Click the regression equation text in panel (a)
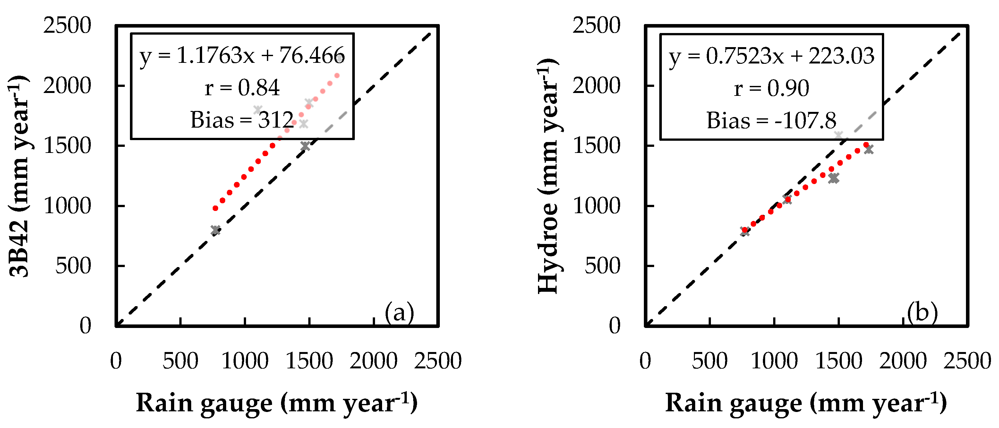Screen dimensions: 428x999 click(242, 56)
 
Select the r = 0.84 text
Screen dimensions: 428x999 click(242, 88)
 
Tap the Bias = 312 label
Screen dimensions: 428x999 click(242, 120)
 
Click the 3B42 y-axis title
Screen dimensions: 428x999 click(19, 176)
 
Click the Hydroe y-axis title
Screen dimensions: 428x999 click(548, 176)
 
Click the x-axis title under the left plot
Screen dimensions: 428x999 click(277, 403)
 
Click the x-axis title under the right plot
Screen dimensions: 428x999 click(806, 403)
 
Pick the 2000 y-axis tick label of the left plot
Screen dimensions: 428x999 click(67, 86)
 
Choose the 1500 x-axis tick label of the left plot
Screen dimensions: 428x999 click(309, 361)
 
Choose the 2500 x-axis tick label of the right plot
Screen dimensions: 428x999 click(967, 361)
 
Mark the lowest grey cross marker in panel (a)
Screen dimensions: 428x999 click(216, 230)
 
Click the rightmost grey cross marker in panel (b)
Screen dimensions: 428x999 click(869, 149)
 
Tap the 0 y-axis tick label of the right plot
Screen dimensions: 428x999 click(615, 326)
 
